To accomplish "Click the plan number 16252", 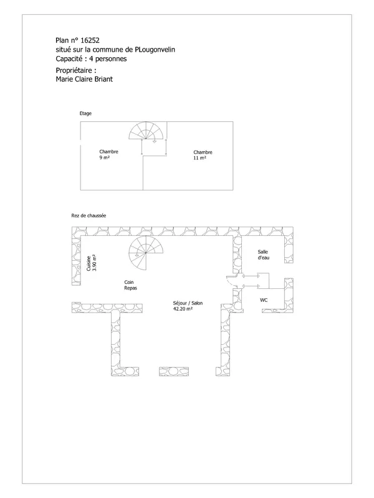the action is tap(90, 40).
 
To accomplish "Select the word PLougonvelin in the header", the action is tap(155, 50).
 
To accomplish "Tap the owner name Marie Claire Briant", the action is tap(84, 79).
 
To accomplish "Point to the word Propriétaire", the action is tap(74, 70).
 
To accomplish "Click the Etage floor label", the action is tap(85, 113).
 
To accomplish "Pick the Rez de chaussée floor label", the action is tap(89, 215).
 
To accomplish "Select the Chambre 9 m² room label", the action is tap(108, 154).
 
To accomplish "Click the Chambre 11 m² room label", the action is tap(203, 155).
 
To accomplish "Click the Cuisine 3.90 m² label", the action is tap(91, 263).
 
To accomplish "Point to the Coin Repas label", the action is tap(130, 285).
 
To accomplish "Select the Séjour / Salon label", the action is tap(188, 303).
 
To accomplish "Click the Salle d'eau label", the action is tap(263, 255).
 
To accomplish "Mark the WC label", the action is tap(264, 300).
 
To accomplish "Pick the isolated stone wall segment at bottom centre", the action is tap(174, 372).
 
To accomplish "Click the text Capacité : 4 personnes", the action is tap(91, 59).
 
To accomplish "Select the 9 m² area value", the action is tap(105, 157).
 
